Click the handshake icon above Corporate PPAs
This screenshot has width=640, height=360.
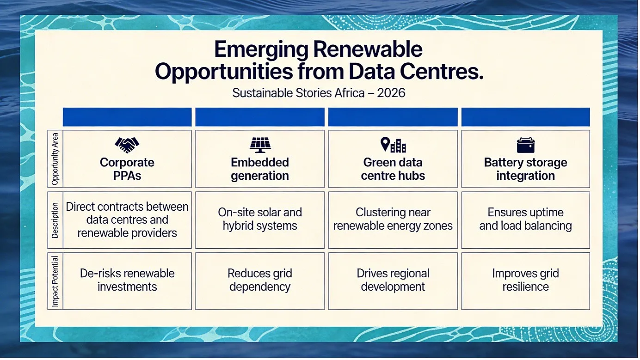click(127, 145)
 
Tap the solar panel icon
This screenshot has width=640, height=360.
click(260, 145)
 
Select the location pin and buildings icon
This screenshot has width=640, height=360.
click(393, 145)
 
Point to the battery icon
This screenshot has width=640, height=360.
click(526, 145)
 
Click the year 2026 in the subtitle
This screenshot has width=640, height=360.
click(391, 93)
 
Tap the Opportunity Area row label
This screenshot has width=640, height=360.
click(55, 159)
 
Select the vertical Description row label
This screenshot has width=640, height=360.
click(55, 220)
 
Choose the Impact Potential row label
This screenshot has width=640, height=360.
click(55, 281)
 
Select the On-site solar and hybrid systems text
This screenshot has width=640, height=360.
click(260, 219)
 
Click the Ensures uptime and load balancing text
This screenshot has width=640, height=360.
click(526, 219)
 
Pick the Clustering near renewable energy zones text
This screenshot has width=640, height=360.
click(393, 219)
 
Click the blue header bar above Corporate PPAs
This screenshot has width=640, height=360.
click(127, 117)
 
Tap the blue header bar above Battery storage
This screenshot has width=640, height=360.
click(526, 117)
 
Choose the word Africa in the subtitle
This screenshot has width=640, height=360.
click(350, 93)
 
